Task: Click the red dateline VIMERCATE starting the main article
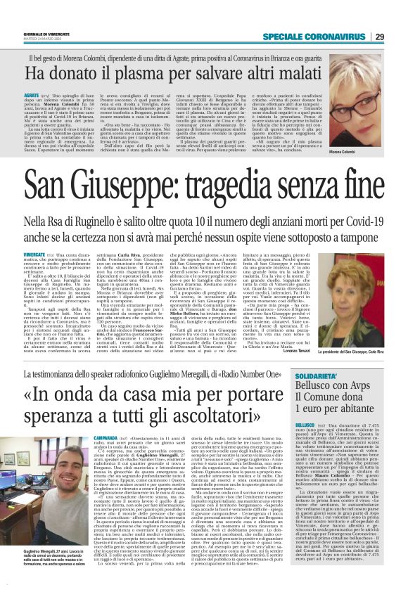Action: click(x=34, y=254)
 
